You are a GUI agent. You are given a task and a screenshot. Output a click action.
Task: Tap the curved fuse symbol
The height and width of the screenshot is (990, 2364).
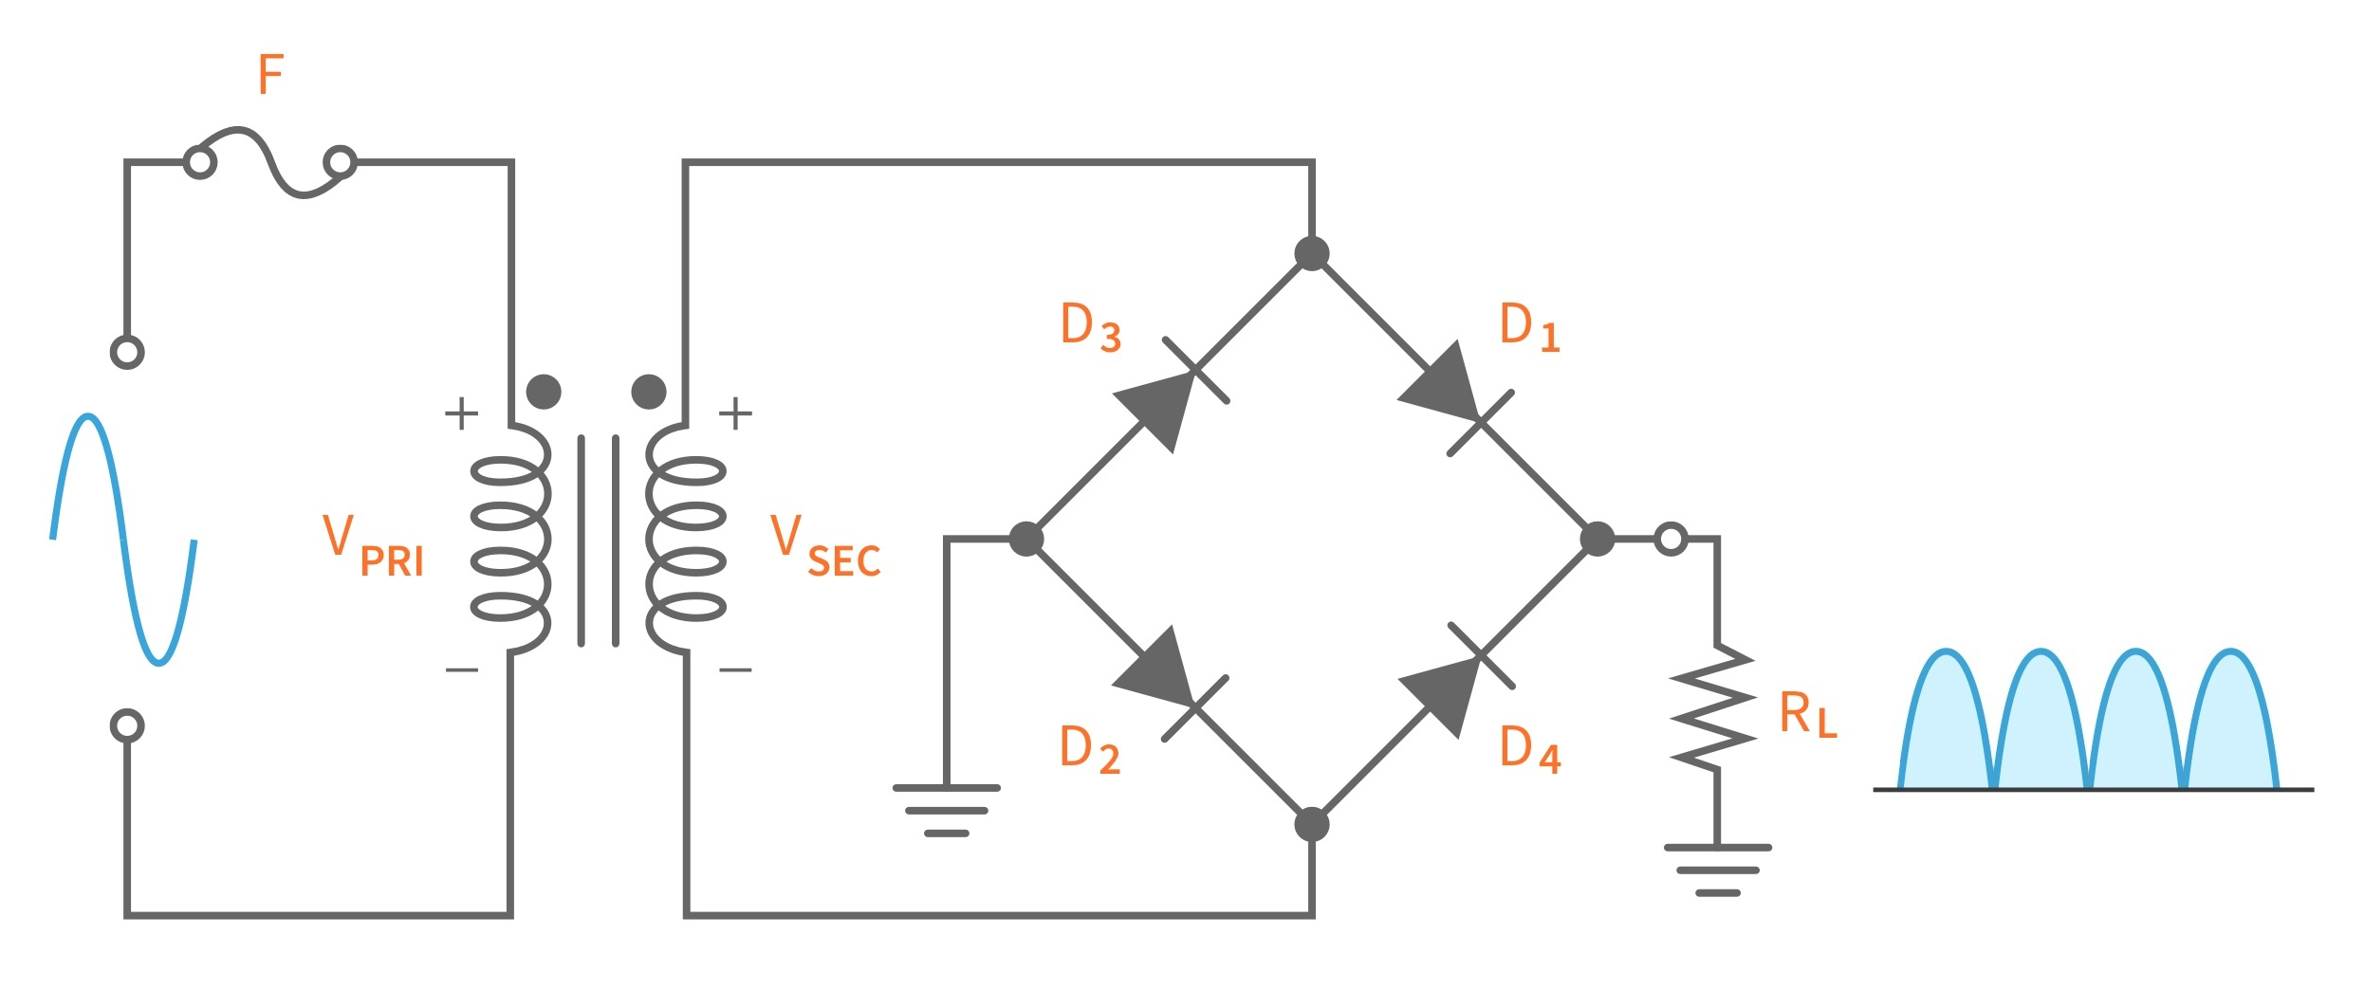click(x=270, y=163)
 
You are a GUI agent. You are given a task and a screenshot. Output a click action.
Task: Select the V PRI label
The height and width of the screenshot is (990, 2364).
click(x=372, y=546)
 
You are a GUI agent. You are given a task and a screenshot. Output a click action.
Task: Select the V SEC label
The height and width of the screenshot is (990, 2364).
click(x=823, y=546)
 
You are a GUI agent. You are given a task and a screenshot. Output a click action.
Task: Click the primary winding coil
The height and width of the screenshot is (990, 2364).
click(x=510, y=539)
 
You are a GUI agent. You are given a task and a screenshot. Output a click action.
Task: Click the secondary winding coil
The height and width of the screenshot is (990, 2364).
click(x=686, y=539)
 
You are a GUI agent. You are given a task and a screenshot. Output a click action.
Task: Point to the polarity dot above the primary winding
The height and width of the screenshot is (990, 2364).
click(x=544, y=391)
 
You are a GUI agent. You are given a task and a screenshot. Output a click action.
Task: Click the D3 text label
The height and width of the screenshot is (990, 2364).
click(x=1090, y=327)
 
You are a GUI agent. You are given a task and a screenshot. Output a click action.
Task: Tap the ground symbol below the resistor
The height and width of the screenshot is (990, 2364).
click(x=1717, y=870)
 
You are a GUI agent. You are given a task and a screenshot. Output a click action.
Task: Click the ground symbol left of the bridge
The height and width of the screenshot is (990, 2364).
click(x=946, y=810)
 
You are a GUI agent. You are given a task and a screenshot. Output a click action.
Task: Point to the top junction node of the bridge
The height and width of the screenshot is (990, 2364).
click(x=1311, y=253)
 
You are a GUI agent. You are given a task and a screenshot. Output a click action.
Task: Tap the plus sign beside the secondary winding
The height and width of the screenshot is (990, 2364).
click(x=735, y=413)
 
